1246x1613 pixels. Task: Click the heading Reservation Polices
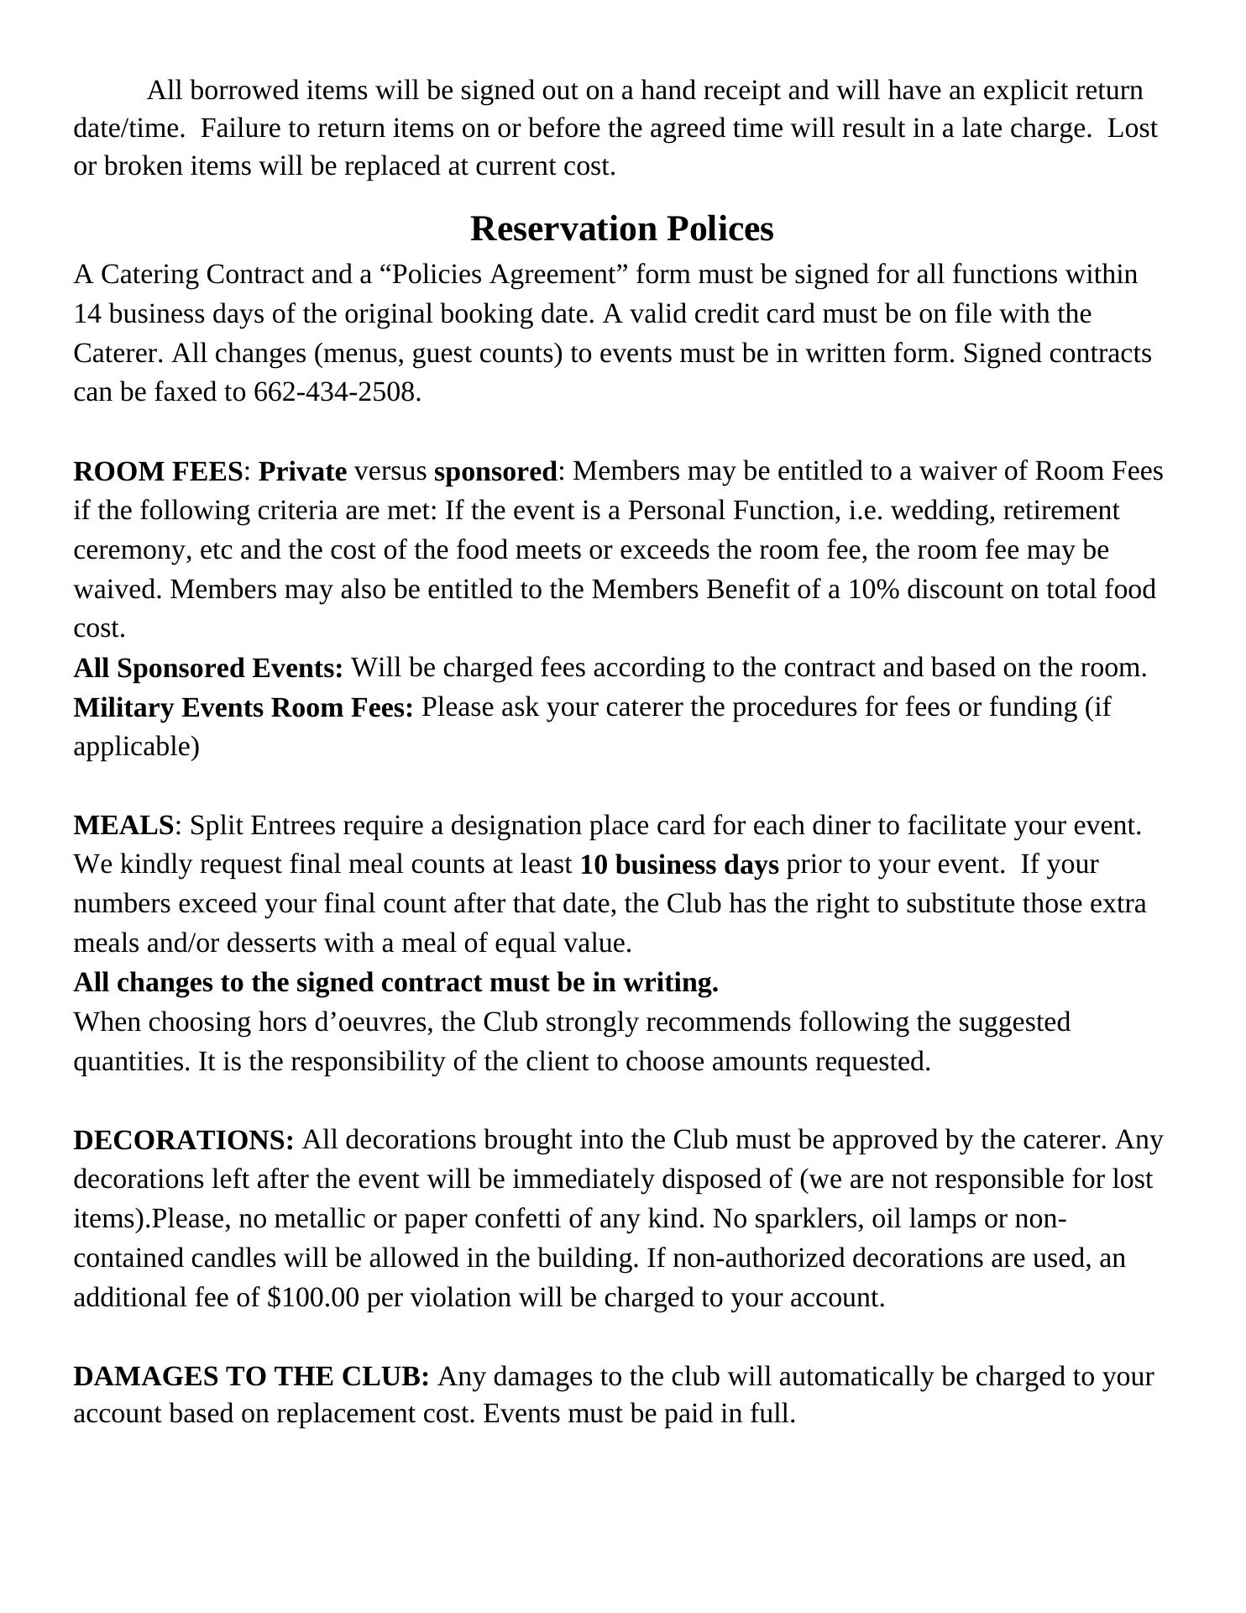click(x=621, y=229)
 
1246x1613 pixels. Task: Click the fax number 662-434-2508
click(x=335, y=392)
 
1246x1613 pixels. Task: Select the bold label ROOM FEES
click(x=158, y=471)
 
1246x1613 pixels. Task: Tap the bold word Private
click(x=302, y=471)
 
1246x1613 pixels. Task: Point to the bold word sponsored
click(x=495, y=471)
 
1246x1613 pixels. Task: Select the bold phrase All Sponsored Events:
click(x=208, y=669)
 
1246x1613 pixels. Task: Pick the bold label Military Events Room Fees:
click(x=243, y=708)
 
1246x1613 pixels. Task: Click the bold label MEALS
click(x=123, y=826)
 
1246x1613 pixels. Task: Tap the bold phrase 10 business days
click(x=678, y=865)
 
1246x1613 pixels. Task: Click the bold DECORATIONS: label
click(x=184, y=1141)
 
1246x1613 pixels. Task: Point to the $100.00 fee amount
click(x=313, y=1298)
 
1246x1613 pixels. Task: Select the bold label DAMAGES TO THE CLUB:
click(x=252, y=1377)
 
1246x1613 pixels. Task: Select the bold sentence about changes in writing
click(x=395, y=983)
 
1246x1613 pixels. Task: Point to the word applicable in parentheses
click(x=136, y=747)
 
